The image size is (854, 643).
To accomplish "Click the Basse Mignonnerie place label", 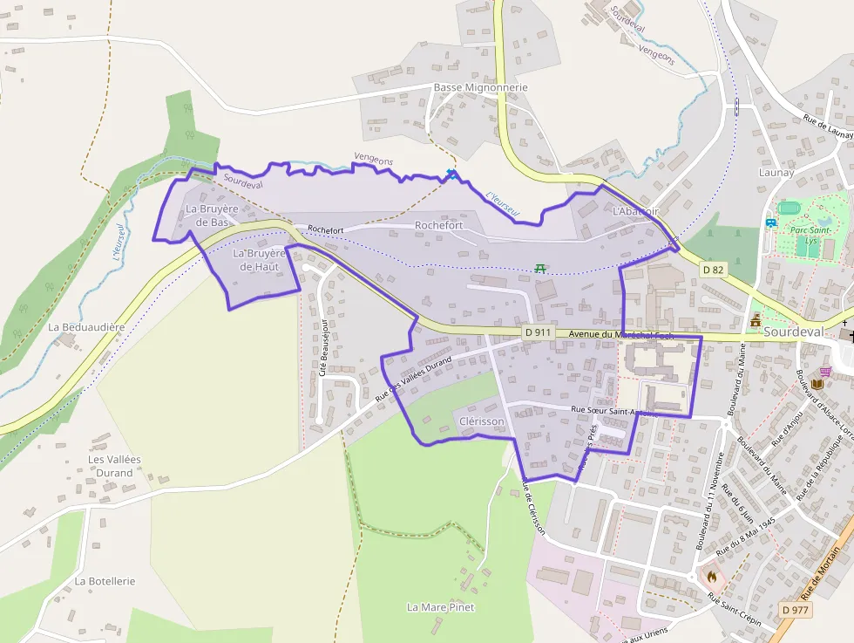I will point(480,88).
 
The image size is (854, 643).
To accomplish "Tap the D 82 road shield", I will point(713,269).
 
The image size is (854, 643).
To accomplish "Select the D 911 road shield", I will point(537,332).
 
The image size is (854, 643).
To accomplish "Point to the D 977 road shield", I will point(794,609).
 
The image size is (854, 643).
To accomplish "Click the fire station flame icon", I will point(712,577).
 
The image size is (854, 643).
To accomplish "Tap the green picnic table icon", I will point(540,268).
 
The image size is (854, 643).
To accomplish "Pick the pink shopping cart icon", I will point(824,371).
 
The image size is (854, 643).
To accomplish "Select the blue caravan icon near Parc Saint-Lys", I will point(770,222).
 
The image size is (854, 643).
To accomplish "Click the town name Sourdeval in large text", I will point(798,332).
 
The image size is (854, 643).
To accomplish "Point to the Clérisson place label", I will point(481,421).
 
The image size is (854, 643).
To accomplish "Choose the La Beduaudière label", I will point(86,327).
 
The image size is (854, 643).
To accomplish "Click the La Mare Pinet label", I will point(441,606).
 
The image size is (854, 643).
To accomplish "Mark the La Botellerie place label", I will point(105,581).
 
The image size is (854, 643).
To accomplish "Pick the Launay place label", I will point(776,173).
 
